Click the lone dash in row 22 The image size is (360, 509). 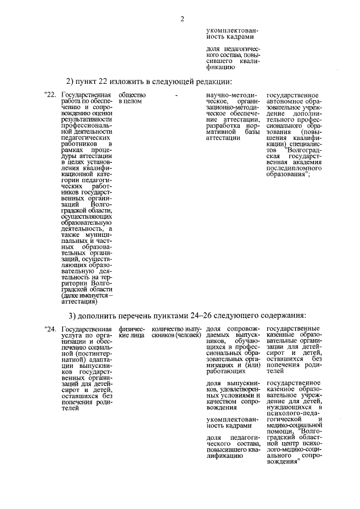(177, 96)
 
